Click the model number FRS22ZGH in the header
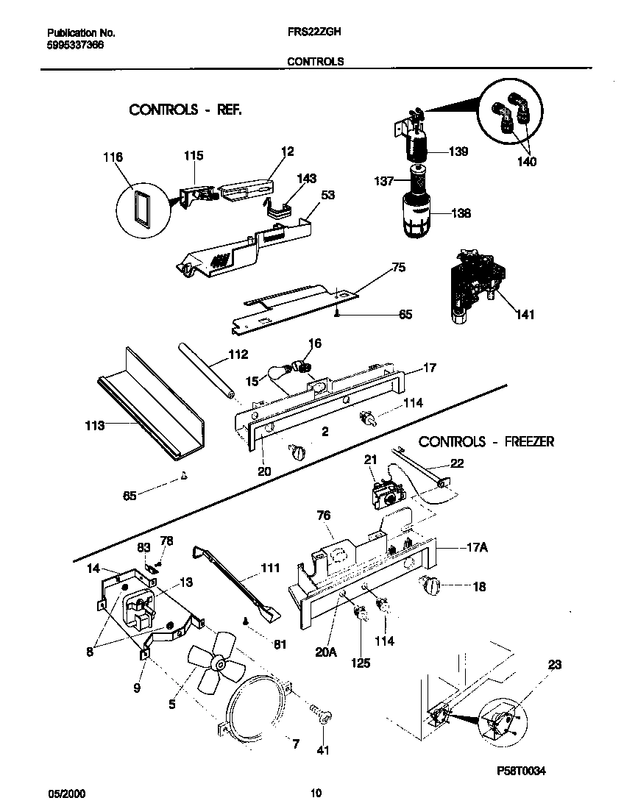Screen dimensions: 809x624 (x=313, y=33)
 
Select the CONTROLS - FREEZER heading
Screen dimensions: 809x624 (x=486, y=442)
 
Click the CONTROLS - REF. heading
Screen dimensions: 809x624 (x=185, y=110)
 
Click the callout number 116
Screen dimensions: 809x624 (x=113, y=157)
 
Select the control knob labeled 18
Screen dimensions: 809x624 (x=429, y=585)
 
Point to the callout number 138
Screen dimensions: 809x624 (x=460, y=213)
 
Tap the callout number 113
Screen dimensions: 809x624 (x=95, y=425)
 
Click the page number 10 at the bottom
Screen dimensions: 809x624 (x=316, y=793)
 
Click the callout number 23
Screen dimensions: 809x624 (x=554, y=665)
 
